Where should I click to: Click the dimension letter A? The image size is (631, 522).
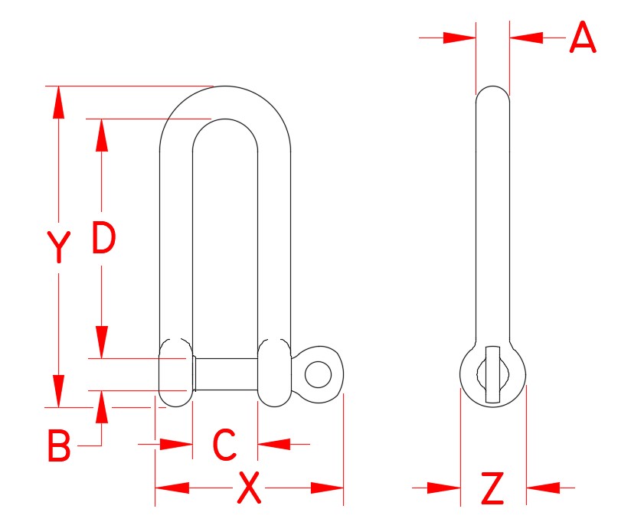(x=583, y=38)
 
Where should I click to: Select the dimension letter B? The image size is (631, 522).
(x=59, y=446)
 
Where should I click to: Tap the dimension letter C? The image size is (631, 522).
(x=224, y=445)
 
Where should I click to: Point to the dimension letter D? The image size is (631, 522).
(x=103, y=237)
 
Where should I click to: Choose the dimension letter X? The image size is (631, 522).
(x=249, y=488)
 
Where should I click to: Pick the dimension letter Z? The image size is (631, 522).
(x=492, y=489)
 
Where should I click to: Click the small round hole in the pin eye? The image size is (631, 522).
(x=318, y=375)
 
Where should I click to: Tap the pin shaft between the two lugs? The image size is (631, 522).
(x=225, y=374)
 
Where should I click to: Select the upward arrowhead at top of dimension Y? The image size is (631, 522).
(x=58, y=103)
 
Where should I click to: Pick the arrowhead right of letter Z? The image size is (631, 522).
(x=543, y=488)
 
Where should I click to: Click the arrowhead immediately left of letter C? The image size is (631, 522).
(x=175, y=443)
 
